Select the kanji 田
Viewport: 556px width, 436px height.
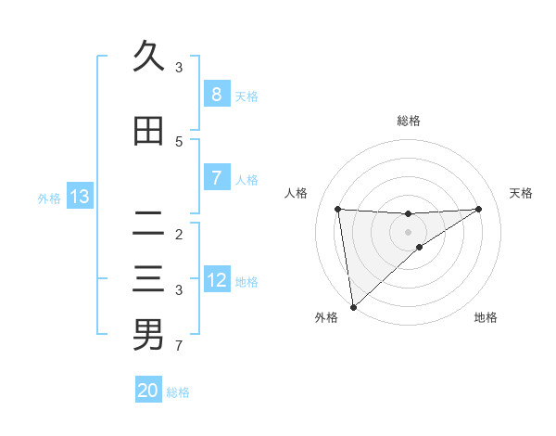(148, 132)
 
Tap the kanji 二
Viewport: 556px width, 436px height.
(148, 224)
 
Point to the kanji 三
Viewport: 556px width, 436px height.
(148, 279)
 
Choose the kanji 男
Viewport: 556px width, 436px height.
(148, 335)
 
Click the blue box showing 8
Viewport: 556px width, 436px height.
(216, 95)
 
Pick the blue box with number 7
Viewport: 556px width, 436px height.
(216, 177)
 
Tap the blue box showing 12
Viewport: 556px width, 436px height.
(216, 280)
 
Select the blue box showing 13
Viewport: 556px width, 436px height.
(80, 197)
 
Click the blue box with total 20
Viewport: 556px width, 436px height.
(148, 391)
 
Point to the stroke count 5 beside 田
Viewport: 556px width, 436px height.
(179, 141)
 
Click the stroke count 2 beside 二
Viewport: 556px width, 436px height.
(179, 234)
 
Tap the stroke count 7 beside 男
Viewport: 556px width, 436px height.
(179, 346)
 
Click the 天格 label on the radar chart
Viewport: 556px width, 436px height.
(522, 193)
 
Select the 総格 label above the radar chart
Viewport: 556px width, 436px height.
(408, 121)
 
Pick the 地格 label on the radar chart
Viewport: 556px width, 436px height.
(486, 317)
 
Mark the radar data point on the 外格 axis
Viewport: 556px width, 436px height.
(352, 306)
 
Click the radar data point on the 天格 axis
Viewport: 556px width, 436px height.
(478, 209)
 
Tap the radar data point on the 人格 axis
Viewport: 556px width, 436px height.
(337, 209)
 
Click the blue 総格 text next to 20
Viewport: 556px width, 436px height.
(178, 392)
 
